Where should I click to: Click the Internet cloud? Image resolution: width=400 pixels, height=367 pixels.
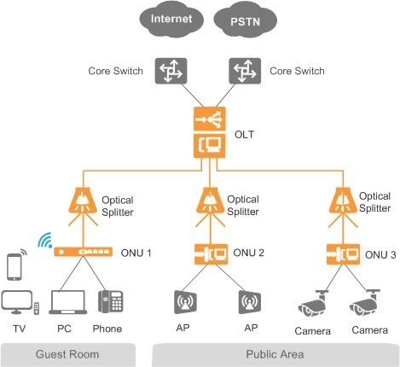click(x=171, y=19)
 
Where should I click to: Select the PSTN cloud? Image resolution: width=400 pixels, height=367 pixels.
click(x=246, y=20)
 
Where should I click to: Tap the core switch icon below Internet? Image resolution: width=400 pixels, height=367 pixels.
click(x=171, y=71)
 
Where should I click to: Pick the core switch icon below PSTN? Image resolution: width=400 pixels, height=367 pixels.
click(x=245, y=71)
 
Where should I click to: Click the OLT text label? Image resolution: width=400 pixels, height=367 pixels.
click(x=244, y=134)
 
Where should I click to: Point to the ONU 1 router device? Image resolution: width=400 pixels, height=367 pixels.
click(x=84, y=252)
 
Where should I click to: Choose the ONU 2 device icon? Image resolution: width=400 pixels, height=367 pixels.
click(x=211, y=253)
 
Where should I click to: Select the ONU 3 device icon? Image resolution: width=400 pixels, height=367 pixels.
click(x=343, y=254)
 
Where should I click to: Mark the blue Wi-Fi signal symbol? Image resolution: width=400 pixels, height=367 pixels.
click(x=45, y=241)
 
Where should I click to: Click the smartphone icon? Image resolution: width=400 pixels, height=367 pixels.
click(x=14, y=266)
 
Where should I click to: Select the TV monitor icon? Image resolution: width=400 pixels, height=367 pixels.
click(x=16, y=302)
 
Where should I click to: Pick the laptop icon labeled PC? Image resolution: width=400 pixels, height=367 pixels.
click(x=68, y=302)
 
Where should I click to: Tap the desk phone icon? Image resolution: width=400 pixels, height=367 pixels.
click(x=111, y=301)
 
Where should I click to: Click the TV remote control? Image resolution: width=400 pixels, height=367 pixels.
click(x=37, y=309)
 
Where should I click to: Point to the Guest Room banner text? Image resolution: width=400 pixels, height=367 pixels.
click(x=67, y=354)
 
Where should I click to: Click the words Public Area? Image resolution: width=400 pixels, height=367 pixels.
click(x=275, y=354)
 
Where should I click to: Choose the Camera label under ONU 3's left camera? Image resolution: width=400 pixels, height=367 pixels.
click(x=312, y=331)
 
